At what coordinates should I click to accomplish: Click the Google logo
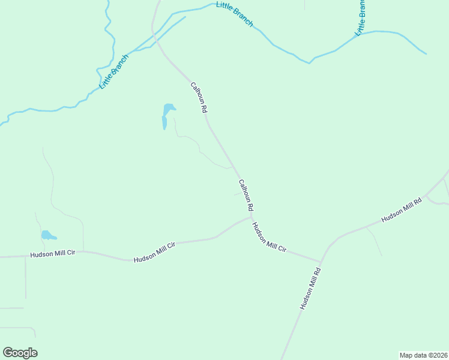[x=20, y=353]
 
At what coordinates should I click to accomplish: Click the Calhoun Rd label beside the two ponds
[x=199, y=98]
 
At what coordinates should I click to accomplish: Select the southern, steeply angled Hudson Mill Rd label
[x=311, y=288]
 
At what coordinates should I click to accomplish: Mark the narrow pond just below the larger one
[x=164, y=122]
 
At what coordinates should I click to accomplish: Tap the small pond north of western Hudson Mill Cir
[x=47, y=235]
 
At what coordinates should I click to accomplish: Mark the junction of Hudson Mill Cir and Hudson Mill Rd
[x=321, y=262]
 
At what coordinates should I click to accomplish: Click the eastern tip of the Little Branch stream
[x=426, y=54]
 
